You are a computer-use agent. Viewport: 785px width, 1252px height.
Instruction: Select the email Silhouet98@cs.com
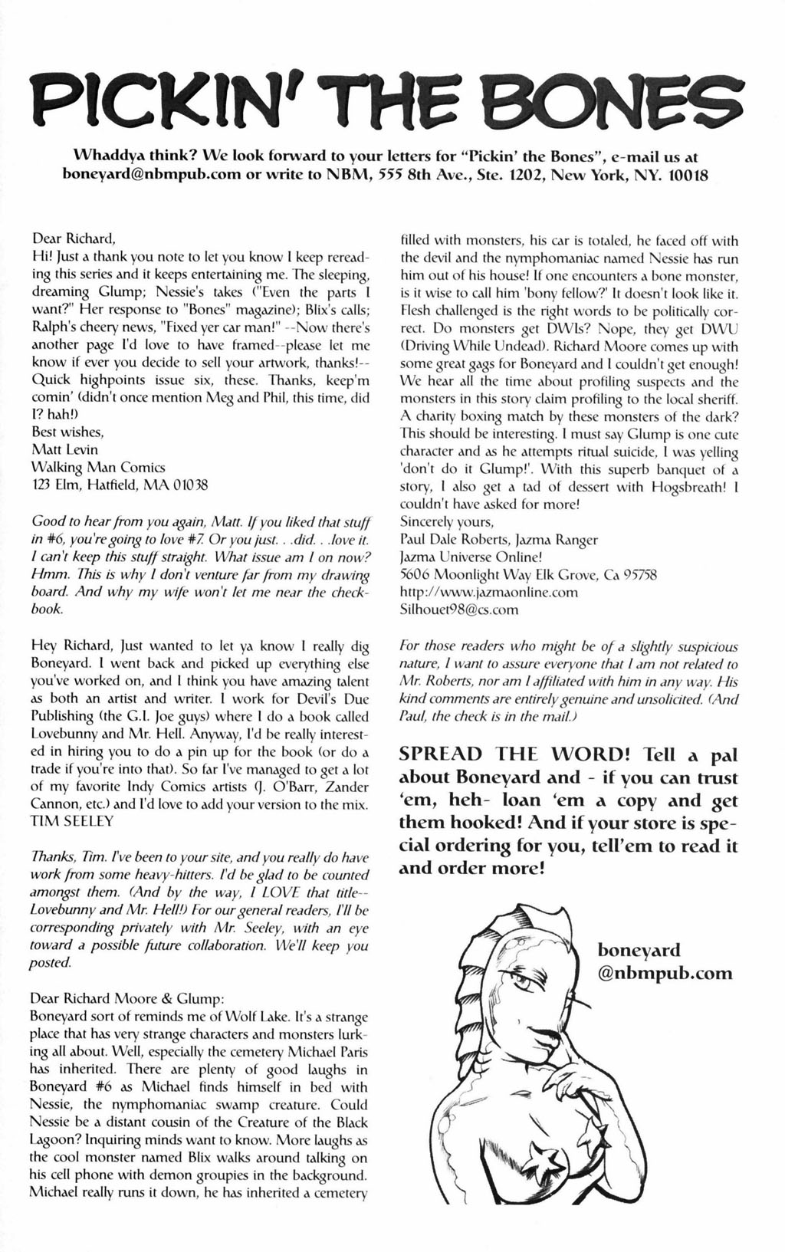coord(459,610)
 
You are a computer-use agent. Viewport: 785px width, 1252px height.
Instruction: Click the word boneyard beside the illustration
coord(639,951)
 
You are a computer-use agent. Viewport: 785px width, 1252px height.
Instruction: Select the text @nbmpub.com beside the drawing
coord(665,974)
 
